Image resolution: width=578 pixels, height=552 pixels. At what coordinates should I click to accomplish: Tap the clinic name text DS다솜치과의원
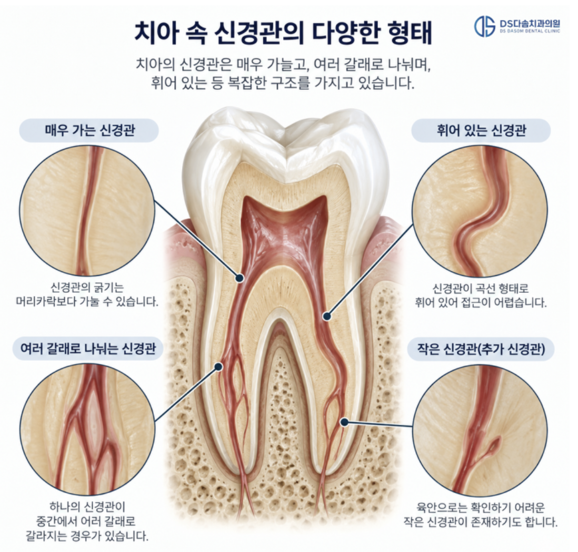(x=530, y=24)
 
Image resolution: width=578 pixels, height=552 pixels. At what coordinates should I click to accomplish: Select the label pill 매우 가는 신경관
(x=89, y=130)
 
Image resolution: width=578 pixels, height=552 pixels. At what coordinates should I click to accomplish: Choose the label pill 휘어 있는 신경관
(x=481, y=130)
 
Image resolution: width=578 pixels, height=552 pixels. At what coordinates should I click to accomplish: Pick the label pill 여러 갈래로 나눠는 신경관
(x=88, y=349)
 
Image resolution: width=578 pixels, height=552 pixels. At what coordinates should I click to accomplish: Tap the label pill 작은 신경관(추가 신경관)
(x=481, y=349)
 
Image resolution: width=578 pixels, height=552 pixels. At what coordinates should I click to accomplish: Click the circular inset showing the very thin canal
(x=87, y=211)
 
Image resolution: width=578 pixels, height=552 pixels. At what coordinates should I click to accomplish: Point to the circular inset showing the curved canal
(x=480, y=211)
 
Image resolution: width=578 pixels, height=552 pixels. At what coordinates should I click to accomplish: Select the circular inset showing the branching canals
(x=87, y=430)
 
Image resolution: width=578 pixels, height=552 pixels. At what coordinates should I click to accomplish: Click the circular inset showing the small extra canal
(x=480, y=431)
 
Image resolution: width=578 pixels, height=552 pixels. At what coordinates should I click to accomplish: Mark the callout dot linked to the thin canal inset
(x=240, y=278)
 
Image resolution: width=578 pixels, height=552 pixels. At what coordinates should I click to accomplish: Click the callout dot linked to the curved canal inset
(x=326, y=316)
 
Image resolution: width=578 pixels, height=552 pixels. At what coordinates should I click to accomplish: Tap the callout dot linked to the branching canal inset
(x=218, y=367)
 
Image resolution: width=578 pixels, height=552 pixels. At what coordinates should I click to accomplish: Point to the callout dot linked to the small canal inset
(x=344, y=422)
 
